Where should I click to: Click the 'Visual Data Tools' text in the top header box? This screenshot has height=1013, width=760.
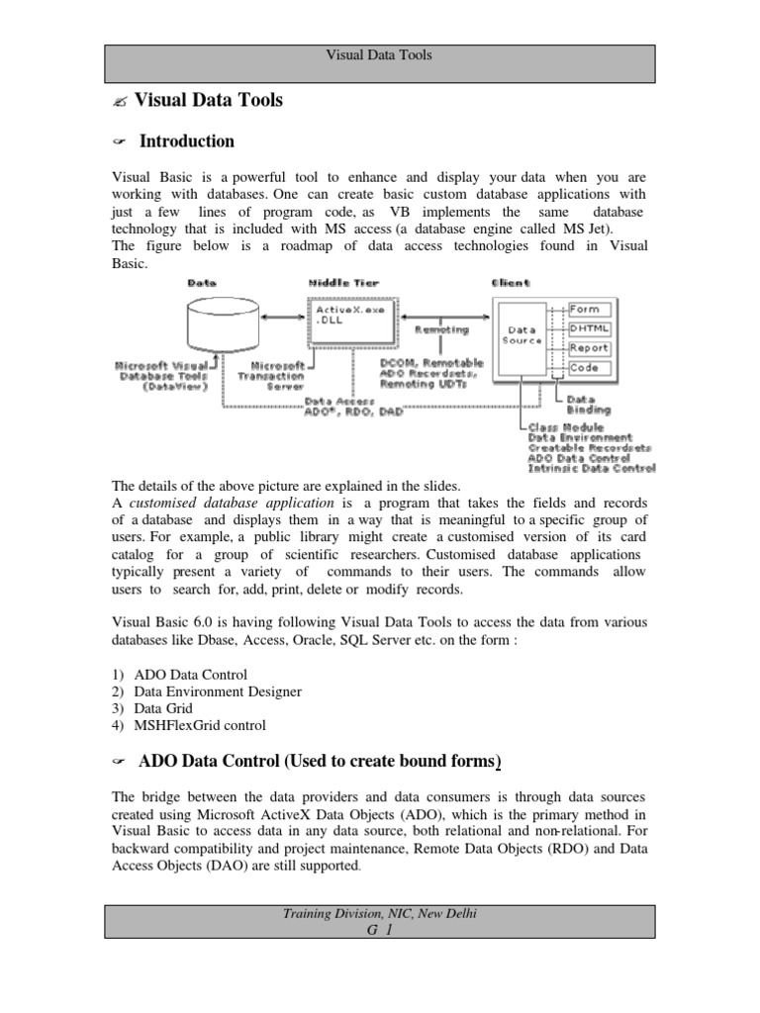pyautogui.click(x=379, y=55)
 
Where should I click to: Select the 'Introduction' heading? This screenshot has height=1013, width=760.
pyautogui.click(x=186, y=141)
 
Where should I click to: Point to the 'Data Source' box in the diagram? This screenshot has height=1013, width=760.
pyautogui.click(x=522, y=335)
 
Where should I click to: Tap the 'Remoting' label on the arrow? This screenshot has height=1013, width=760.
pyautogui.click(x=441, y=329)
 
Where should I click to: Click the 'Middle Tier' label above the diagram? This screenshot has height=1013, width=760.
pyautogui.click(x=342, y=283)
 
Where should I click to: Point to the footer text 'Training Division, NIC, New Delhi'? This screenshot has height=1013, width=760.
pyautogui.click(x=379, y=914)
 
